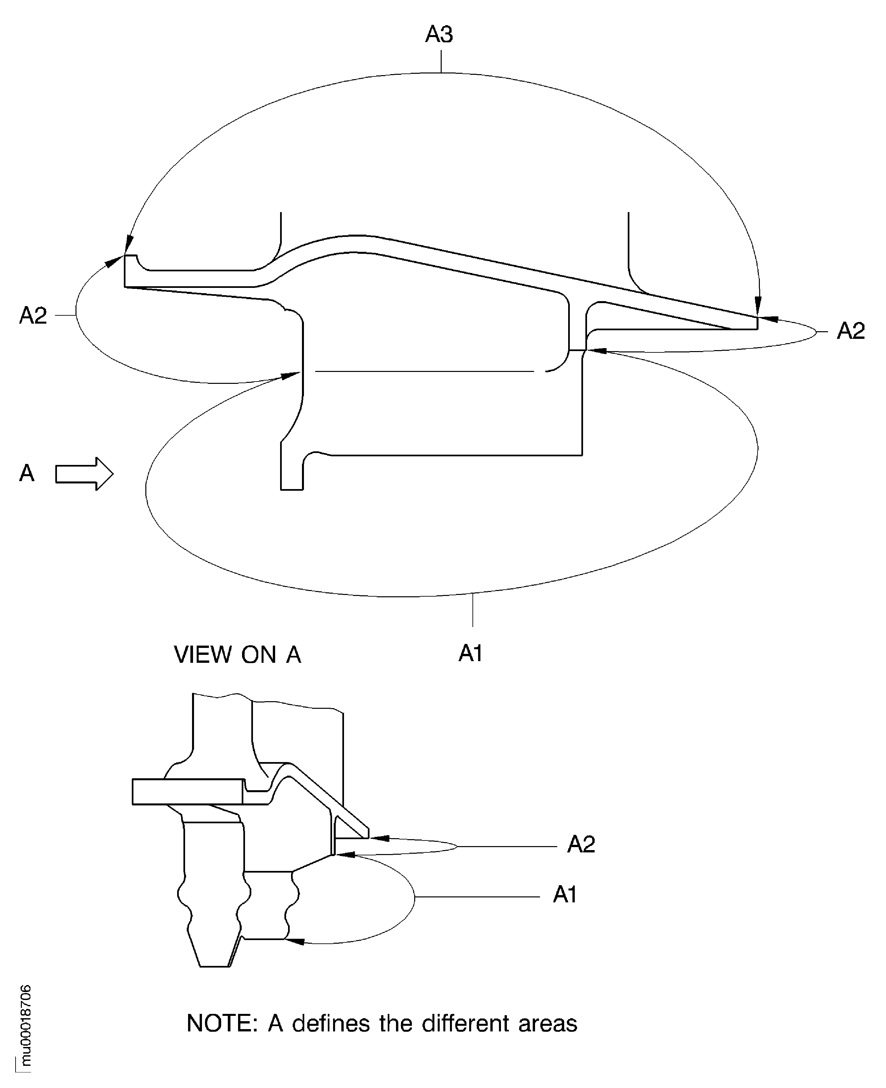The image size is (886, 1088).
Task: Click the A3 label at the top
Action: (x=439, y=35)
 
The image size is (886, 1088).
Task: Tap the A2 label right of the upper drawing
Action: (x=851, y=332)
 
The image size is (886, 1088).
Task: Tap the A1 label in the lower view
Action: (x=565, y=895)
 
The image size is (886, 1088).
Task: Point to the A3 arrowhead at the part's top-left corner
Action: (x=128, y=244)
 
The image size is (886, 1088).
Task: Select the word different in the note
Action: (x=466, y=1024)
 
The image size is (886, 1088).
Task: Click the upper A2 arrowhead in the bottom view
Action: (x=380, y=838)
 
